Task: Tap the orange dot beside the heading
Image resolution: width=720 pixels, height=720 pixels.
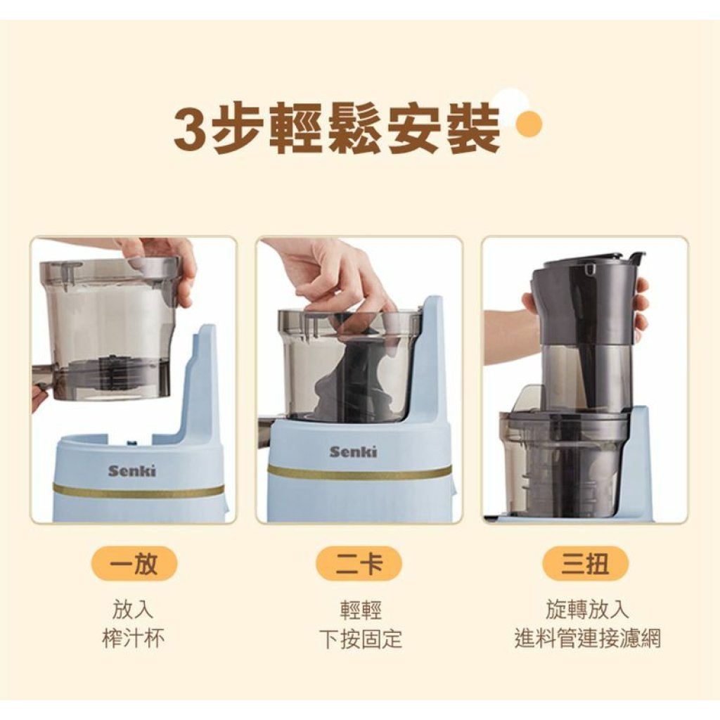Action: tap(529, 124)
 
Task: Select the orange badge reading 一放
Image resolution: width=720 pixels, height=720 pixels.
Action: tap(134, 563)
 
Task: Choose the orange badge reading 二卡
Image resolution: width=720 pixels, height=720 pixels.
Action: tap(359, 563)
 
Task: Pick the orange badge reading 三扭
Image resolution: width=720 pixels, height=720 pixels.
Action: tap(585, 563)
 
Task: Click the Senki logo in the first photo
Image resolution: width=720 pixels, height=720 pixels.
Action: tap(131, 470)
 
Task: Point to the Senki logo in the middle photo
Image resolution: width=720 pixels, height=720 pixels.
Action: tap(353, 452)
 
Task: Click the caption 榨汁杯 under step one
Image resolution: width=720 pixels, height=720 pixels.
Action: tap(133, 638)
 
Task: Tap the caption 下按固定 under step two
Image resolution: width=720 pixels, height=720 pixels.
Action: tap(361, 638)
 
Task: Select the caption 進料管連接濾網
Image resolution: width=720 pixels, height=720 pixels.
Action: tap(587, 638)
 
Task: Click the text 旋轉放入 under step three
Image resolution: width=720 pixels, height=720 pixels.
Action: tap(587, 609)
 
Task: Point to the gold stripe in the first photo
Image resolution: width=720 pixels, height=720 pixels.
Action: tap(139, 491)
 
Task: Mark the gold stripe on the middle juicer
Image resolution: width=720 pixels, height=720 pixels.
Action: tap(360, 472)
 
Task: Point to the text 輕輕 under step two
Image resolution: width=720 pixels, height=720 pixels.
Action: tap(361, 610)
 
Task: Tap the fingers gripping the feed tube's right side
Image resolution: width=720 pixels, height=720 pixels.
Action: tap(641, 304)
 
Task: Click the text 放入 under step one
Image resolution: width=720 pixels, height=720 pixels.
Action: tap(133, 610)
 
